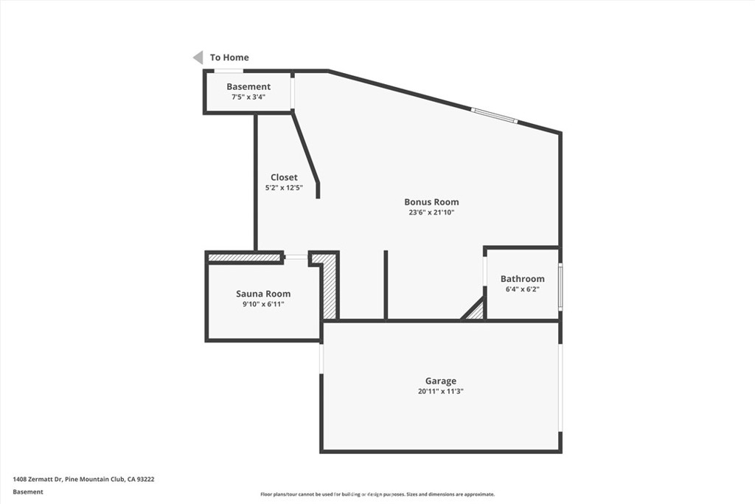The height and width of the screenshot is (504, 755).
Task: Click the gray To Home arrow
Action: point(198,58)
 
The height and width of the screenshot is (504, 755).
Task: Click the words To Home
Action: point(229,58)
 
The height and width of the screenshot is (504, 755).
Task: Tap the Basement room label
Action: point(248,87)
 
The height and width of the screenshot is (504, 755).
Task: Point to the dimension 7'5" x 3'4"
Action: point(248,97)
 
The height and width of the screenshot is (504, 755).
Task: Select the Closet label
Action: point(284,178)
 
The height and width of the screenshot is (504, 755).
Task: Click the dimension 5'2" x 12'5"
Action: point(284,188)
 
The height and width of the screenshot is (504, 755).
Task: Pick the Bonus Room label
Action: point(431,202)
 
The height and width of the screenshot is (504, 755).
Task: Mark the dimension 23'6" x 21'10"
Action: point(431,213)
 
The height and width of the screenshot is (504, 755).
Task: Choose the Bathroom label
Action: point(522,279)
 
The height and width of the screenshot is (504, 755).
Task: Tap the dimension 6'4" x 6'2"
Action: point(522,289)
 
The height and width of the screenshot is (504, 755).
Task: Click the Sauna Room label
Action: point(263,294)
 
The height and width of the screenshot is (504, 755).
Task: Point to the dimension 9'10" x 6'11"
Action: point(263,304)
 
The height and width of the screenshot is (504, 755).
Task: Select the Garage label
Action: point(440,382)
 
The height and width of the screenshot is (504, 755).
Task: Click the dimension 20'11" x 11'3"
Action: point(440,392)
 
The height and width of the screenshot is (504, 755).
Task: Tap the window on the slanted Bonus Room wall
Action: point(494,116)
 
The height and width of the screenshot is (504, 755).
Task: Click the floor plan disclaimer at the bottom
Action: point(377,494)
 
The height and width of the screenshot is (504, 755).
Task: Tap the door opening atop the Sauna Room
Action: point(296,257)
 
